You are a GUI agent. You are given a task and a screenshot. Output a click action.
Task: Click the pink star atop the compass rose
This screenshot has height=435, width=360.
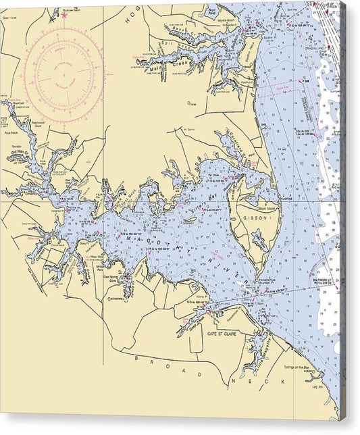(x=64, y=14)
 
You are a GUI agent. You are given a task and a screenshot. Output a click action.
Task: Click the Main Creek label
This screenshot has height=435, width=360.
(x=161, y=62)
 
